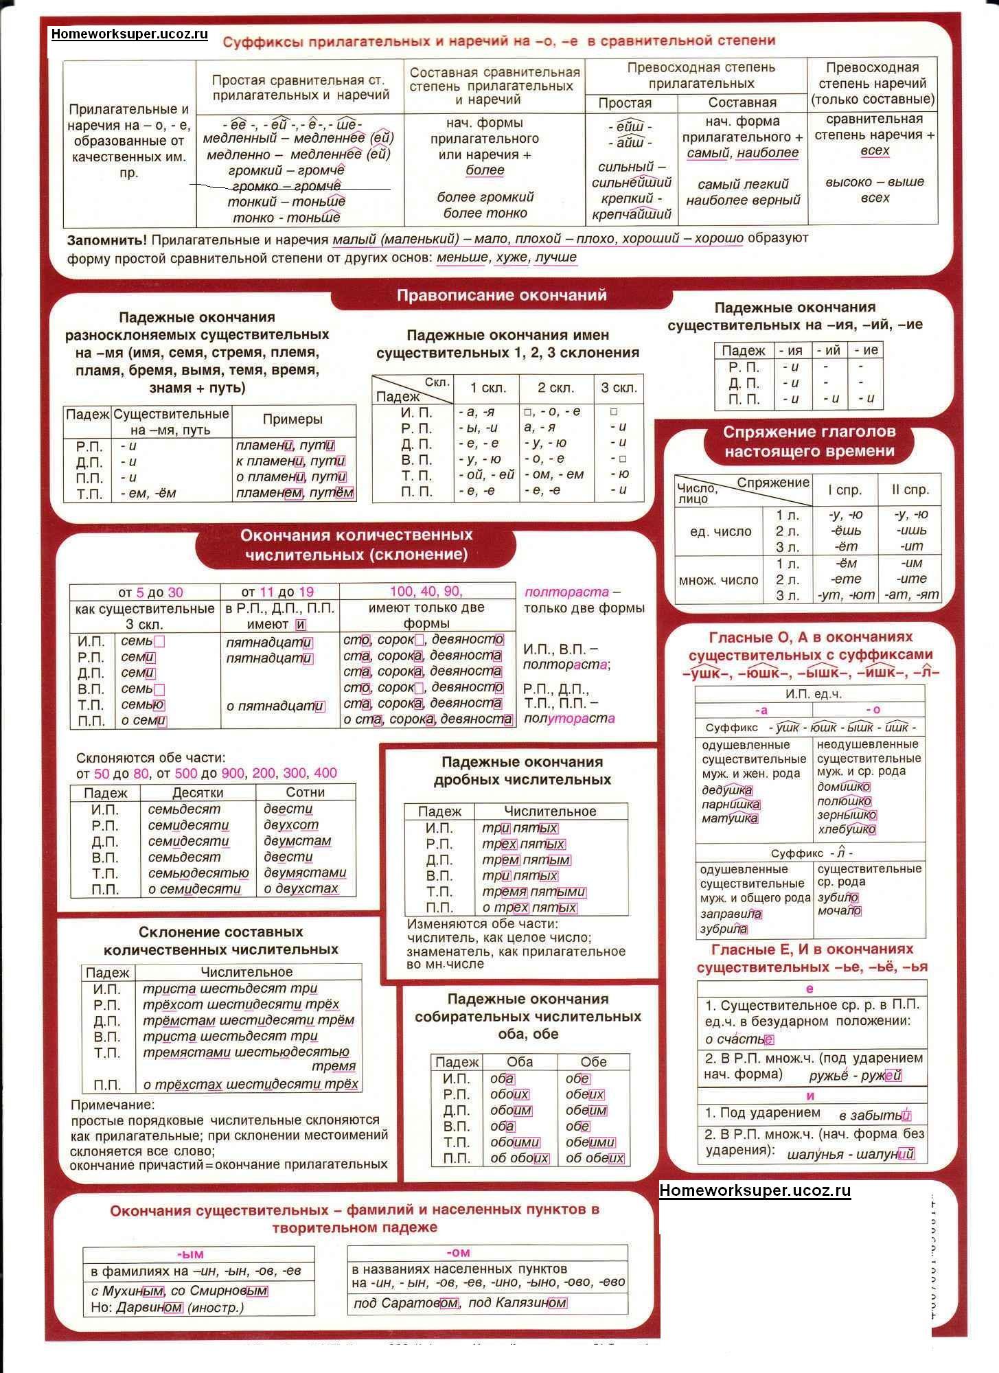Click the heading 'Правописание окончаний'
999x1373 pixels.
[502, 296]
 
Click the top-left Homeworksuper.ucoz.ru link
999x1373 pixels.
[129, 34]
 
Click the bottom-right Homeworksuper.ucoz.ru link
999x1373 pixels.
[755, 1190]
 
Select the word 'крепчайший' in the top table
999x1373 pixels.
[631, 214]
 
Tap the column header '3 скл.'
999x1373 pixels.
[619, 388]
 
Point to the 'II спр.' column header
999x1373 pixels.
[910, 490]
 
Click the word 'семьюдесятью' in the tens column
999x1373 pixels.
[198, 873]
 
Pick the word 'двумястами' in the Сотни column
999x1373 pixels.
[305, 873]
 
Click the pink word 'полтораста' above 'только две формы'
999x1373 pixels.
[566, 592]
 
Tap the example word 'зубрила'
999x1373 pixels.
[724, 929]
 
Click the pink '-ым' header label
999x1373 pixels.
[190, 1254]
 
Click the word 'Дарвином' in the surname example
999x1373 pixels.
[149, 1307]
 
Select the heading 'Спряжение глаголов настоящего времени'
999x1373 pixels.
[809, 441]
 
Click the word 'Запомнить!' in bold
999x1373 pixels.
[106, 240]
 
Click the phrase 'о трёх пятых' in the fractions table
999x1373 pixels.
[529, 908]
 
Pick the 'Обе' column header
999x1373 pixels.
[593, 1062]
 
